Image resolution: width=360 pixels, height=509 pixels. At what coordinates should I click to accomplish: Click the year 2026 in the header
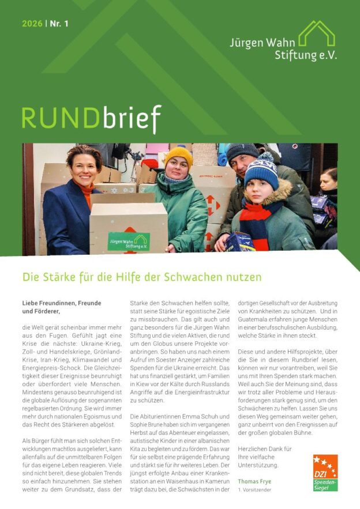[x=32, y=24]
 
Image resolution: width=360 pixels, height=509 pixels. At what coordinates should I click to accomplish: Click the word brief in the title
[x=132, y=119]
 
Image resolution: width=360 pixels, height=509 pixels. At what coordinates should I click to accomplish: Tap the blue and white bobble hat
[x=261, y=171]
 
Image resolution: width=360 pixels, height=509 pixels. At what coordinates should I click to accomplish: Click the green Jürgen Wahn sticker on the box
[x=128, y=240]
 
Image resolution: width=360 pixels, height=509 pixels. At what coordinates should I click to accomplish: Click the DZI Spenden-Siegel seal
[x=325, y=473]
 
